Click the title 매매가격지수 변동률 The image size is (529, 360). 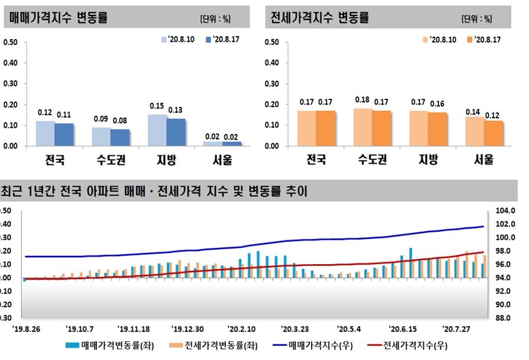[x=59, y=17]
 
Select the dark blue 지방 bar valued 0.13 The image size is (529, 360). [x=176, y=132]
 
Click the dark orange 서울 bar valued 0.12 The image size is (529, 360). [x=493, y=133]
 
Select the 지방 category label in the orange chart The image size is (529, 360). [x=427, y=160]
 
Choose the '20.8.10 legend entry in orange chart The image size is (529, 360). [x=441, y=39]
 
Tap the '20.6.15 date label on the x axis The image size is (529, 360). [x=402, y=328]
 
